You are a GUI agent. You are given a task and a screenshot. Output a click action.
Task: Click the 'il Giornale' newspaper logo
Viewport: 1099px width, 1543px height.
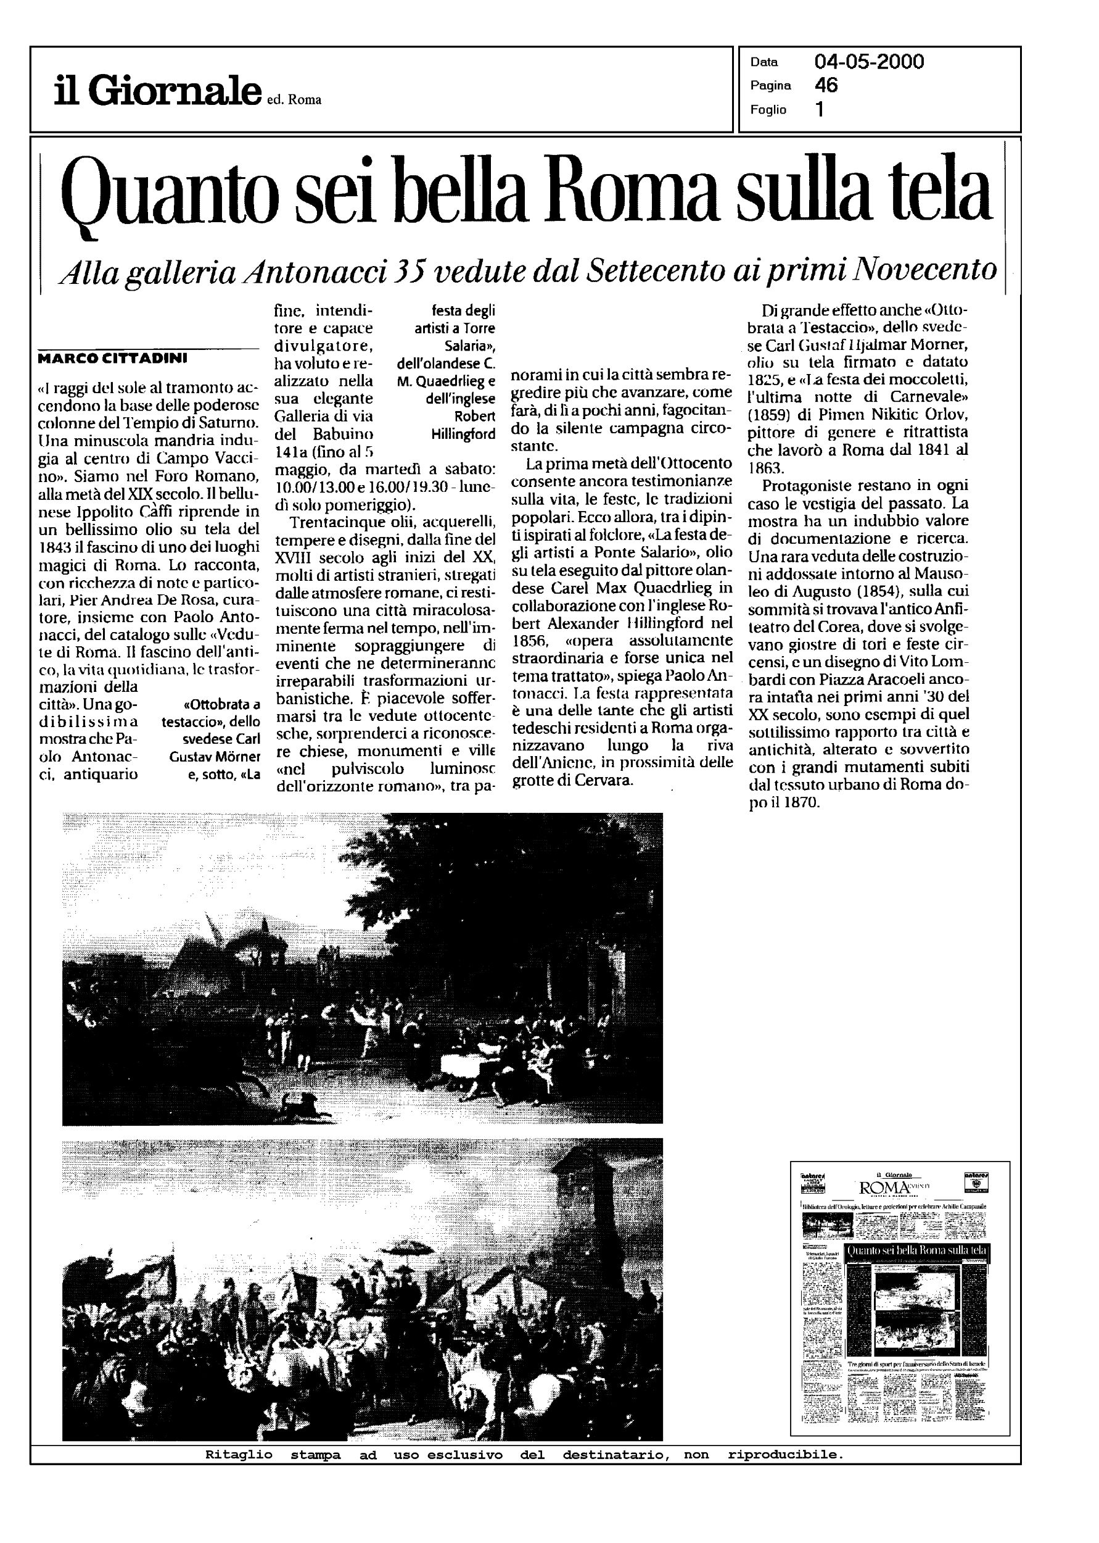pyautogui.click(x=157, y=91)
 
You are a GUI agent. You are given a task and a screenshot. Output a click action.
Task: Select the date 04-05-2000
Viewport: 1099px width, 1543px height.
pyautogui.click(x=869, y=62)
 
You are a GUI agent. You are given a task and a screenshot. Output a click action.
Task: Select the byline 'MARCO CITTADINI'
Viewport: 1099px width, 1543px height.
pyautogui.click(x=112, y=357)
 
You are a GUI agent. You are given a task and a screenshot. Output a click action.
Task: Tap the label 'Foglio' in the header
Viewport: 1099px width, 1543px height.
pyautogui.click(x=768, y=110)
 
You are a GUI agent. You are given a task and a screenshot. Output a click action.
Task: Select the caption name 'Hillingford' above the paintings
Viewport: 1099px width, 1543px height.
pyautogui.click(x=463, y=434)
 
